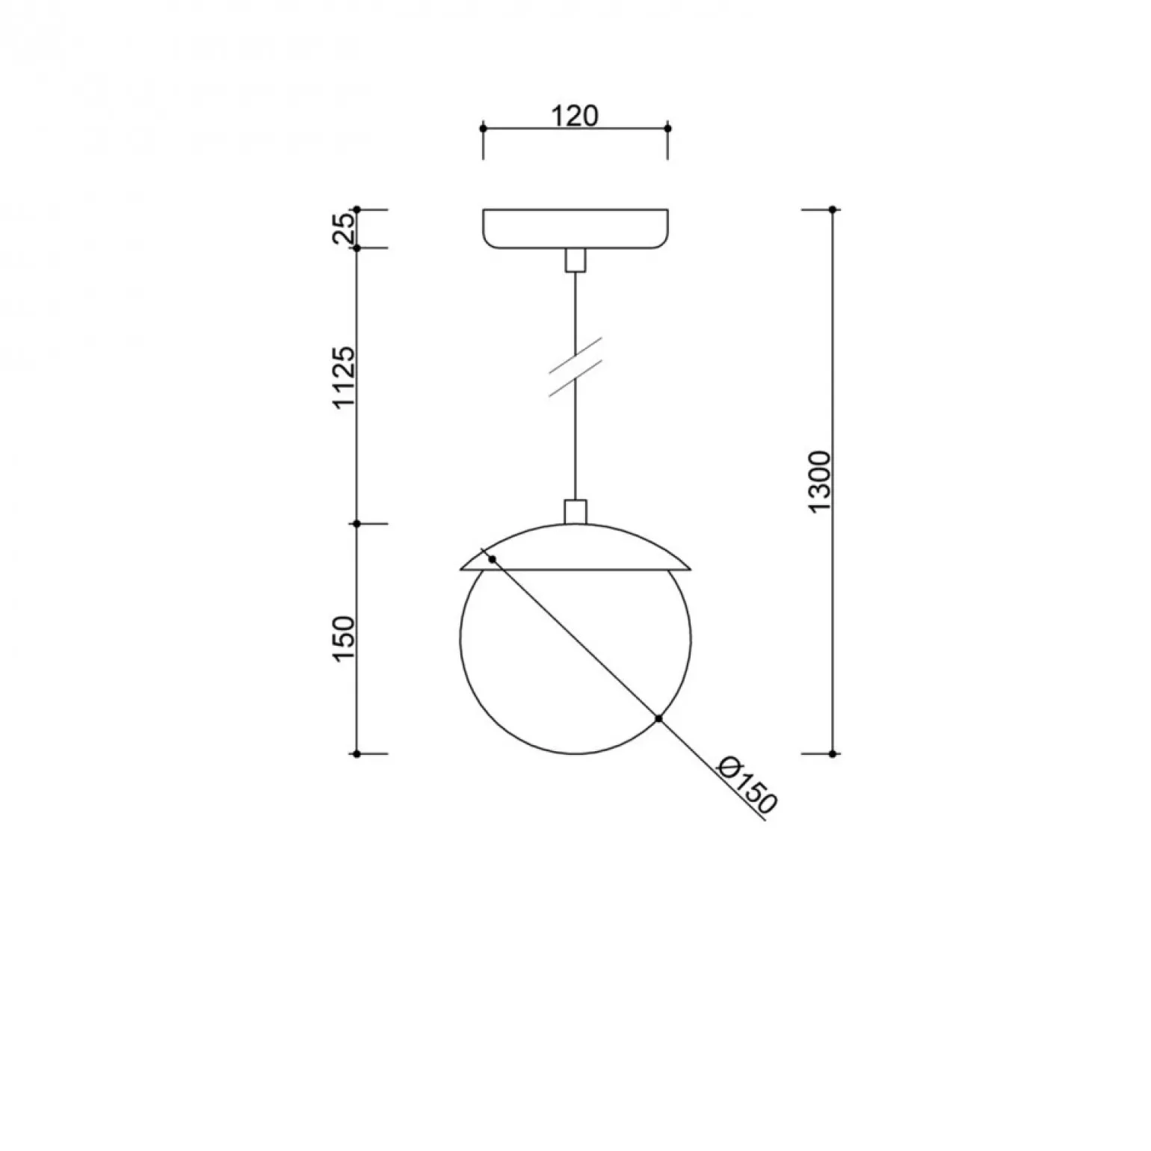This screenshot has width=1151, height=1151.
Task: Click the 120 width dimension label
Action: [575, 116]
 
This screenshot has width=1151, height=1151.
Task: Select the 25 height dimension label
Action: [343, 228]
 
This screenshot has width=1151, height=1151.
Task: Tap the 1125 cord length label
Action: [345, 377]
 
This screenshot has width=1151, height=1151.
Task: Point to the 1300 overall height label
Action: [819, 481]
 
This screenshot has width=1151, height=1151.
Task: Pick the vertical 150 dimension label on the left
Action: [345, 638]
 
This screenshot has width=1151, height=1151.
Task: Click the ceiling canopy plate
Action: [575, 228]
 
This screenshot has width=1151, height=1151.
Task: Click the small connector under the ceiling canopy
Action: [575, 259]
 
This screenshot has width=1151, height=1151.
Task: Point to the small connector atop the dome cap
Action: [575, 511]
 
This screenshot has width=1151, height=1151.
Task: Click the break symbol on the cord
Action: [575, 366]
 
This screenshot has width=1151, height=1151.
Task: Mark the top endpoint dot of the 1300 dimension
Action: [833, 209]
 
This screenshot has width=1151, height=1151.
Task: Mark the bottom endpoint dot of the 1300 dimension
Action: [833, 754]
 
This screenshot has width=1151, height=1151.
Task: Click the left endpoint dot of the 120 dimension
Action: [483, 129]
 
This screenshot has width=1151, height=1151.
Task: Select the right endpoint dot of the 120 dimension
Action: [667, 129]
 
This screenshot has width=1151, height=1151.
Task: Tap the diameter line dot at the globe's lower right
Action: [658, 719]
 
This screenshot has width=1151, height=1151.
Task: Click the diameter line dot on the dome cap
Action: [492, 558]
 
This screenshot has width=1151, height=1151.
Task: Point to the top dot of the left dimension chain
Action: [357, 209]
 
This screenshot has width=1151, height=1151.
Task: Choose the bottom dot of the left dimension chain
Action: [357, 754]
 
